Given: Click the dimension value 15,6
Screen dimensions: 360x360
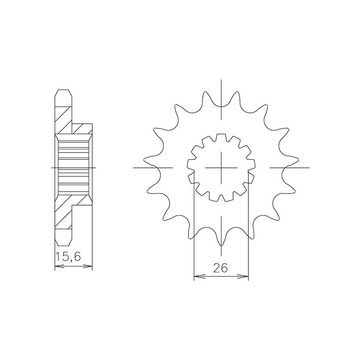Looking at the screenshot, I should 66,257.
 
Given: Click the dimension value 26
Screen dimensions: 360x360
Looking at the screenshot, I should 220,268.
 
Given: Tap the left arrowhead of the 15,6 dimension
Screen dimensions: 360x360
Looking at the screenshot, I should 57,267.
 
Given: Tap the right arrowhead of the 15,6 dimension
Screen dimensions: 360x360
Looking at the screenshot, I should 90,267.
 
